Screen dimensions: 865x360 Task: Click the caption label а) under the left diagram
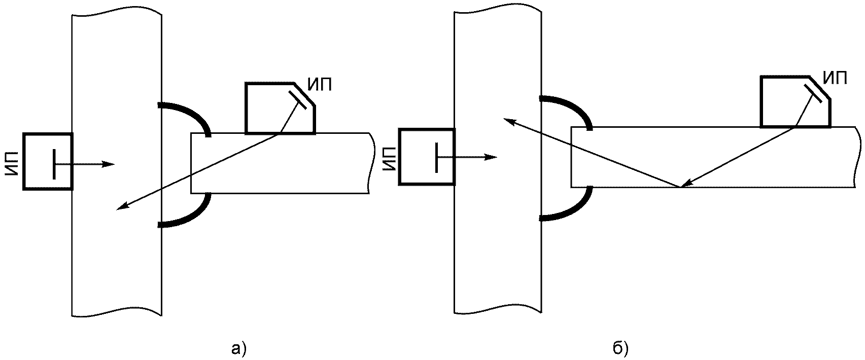tap(238, 348)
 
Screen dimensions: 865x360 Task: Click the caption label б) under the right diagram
tap(620, 348)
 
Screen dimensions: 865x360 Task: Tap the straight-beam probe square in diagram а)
tap(48, 161)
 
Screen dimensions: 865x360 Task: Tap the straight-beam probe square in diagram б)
tap(427, 157)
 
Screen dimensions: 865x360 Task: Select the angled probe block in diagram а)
tap(280, 108)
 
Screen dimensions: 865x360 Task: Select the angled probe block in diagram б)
tap(795, 101)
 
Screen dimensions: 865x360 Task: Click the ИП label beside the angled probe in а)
tap(319, 85)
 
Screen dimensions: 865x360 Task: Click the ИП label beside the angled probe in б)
tap(835, 78)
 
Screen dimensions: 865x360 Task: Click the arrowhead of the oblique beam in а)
tap(122, 207)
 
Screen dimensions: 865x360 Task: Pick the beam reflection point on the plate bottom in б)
tap(681, 187)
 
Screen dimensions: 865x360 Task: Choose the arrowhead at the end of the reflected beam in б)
tap(510, 122)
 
